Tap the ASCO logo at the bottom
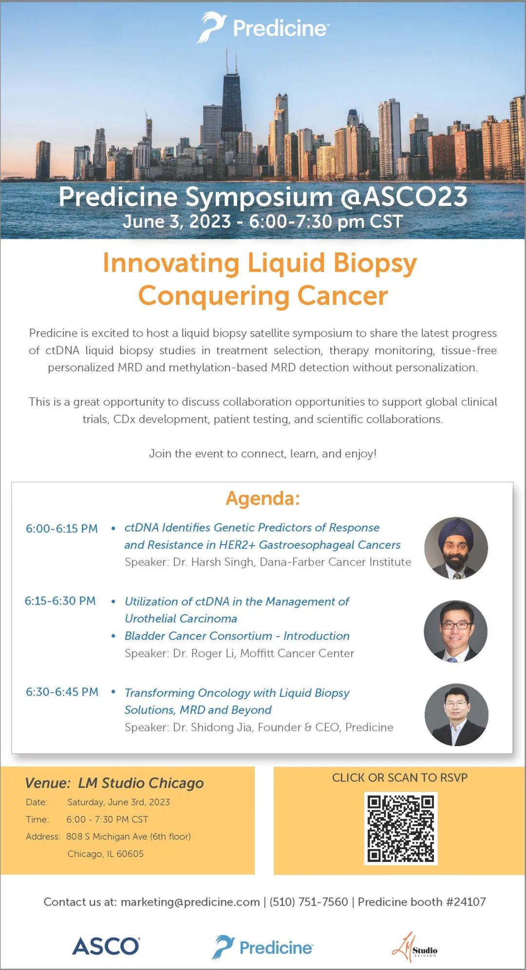click(x=106, y=946)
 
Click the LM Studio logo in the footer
click(x=414, y=947)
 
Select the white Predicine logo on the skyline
click(x=263, y=27)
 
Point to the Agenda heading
click(x=263, y=498)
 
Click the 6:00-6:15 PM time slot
click(x=62, y=529)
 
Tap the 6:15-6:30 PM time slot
click(x=60, y=601)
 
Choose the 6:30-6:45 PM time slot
click(x=62, y=692)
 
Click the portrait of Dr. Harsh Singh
click(x=456, y=548)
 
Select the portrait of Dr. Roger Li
click(x=456, y=631)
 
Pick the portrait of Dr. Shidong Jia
click(x=456, y=714)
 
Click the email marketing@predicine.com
click(x=190, y=902)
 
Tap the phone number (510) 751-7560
click(x=309, y=902)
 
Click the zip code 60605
click(x=130, y=854)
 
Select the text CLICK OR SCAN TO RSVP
click(x=400, y=778)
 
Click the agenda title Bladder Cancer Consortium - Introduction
click(x=237, y=636)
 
